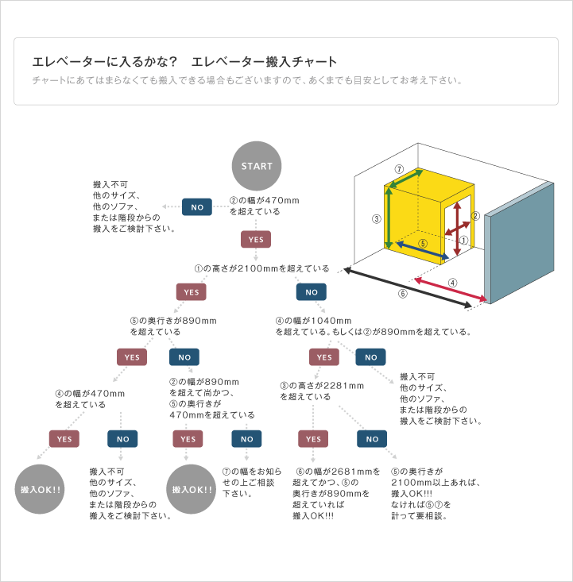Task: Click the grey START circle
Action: [257, 166]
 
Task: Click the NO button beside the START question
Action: [197, 207]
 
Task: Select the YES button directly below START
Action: [256, 240]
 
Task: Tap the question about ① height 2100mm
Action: [262, 268]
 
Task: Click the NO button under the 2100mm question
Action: [312, 292]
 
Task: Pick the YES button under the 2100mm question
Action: [191, 292]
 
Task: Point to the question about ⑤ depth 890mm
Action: [173, 326]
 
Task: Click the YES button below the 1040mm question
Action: [324, 357]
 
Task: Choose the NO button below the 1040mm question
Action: [370, 357]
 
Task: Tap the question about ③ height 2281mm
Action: [322, 391]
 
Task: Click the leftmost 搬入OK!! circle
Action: [40, 489]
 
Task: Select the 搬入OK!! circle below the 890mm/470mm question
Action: [191, 489]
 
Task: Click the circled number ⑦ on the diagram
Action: [399, 169]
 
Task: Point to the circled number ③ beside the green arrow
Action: [377, 219]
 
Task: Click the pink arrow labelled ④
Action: [451, 289]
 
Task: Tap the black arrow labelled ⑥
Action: [408, 287]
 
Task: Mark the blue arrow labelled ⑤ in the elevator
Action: [423, 250]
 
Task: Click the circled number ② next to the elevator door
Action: [475, 216]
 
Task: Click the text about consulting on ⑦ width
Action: [252, 483]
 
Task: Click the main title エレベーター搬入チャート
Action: [264, 62]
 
